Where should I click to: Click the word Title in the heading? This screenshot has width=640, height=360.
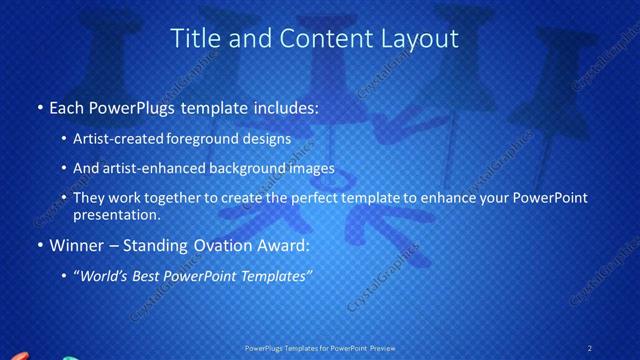(196, 39)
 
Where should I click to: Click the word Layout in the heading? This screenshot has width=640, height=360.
(417, 39)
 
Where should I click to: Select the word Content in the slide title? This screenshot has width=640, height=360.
(315, 39)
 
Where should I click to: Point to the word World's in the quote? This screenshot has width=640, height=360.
(105, 277)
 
